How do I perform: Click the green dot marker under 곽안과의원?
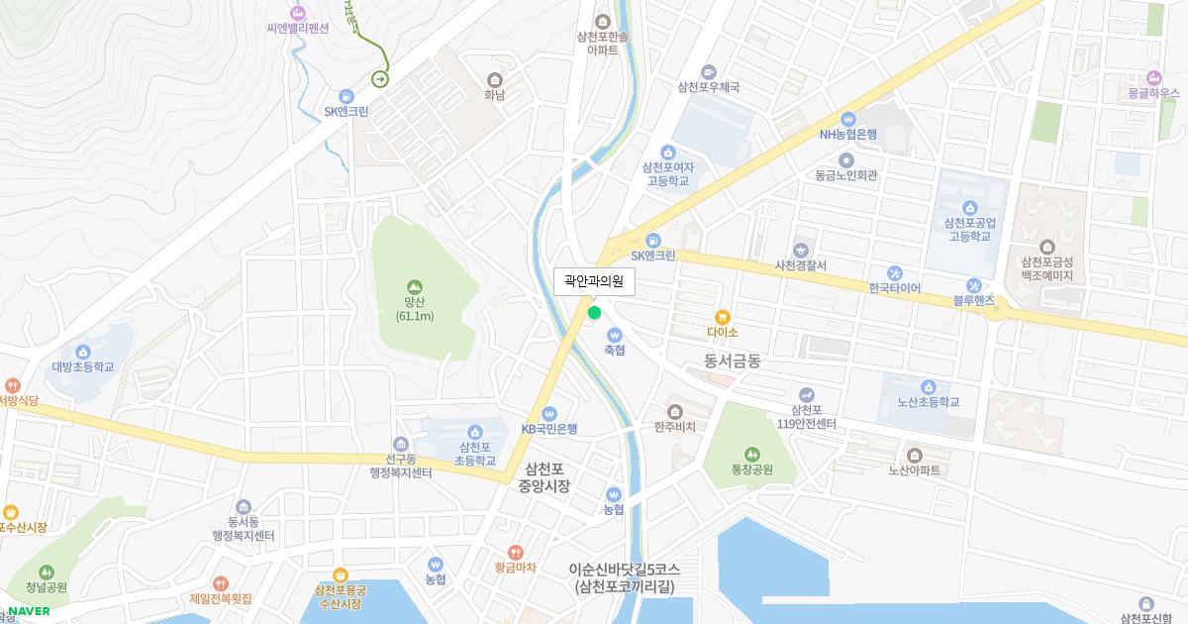(594, 313)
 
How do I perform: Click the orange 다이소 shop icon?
(724, 317)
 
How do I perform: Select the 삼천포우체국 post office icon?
(708, 71)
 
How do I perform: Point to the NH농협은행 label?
(847, 135)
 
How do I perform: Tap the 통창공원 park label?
(751, 469)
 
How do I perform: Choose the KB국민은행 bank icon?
(549, 413)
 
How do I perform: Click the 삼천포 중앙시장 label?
(544, 477)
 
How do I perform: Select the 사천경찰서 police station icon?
(801, 250)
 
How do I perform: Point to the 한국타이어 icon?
(894, 272)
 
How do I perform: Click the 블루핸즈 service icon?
(974, 284)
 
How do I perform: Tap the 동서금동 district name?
(733, 362)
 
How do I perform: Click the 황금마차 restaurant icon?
(515, 552)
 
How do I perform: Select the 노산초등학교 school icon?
(928, 387)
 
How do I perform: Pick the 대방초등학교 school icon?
(83, 352)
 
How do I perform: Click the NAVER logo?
(29, 610)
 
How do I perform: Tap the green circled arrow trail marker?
(380, 78)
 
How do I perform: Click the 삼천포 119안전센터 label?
(807, 417)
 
